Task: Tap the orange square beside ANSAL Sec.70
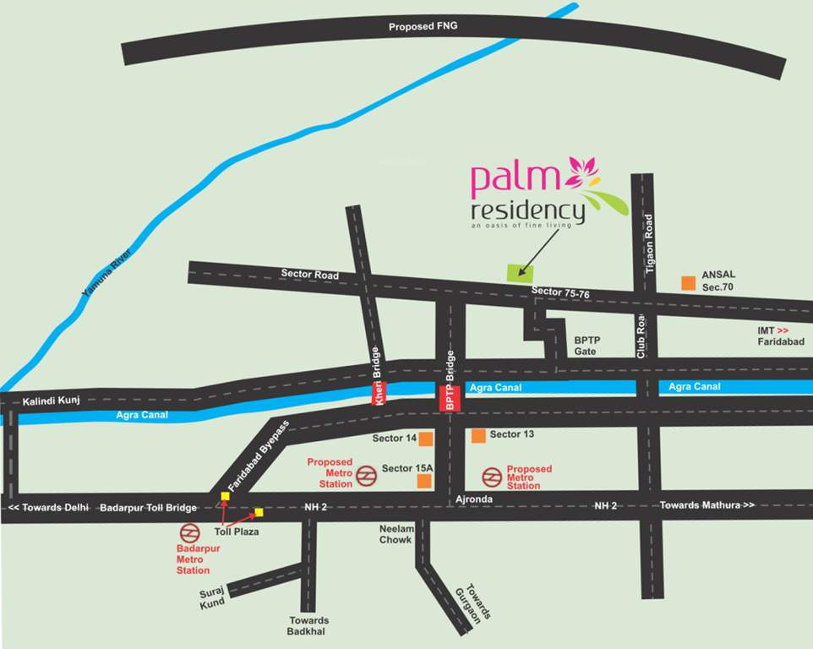690,281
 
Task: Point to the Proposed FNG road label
423,27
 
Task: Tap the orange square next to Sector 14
426,439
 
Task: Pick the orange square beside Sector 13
478,436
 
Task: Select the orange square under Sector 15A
424,481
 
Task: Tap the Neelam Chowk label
396,533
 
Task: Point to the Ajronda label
473,500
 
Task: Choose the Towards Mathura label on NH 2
704,504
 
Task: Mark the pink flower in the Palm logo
581,172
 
